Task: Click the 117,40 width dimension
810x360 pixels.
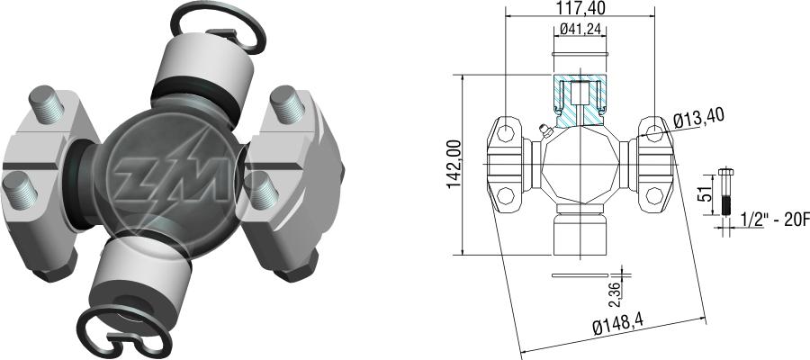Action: coord(580,8)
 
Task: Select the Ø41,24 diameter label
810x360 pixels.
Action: coord(580,30)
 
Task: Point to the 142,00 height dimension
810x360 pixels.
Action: coord(455,164)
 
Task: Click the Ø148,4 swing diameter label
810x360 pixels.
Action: coord(617,326)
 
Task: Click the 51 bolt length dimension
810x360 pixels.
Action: coord(707,193)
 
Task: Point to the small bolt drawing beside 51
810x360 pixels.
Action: coord(725,192)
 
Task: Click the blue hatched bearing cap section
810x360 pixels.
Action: coord(580,101)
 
